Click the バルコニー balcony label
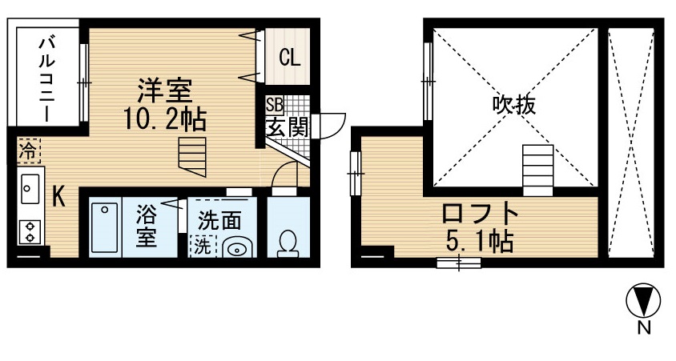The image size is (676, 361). click(47, 79)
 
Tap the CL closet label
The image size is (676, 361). click(289, 57)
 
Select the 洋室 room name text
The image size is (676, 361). click(165, 90)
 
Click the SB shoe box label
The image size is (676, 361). click(274, 105)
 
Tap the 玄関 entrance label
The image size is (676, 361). click(287, 126)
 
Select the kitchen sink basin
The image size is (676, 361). click(29, 189)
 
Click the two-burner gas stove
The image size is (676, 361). click(30, 232)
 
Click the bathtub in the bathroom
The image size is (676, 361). click(105, 228)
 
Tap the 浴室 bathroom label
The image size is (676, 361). click(147, 225)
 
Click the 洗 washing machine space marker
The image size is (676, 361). click(202, 247)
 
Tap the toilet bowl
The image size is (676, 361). click(286, 243)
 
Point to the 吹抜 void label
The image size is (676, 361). click(514, 105)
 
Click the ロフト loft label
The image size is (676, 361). click(480, 213)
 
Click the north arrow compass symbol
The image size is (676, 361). click(643, 300)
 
